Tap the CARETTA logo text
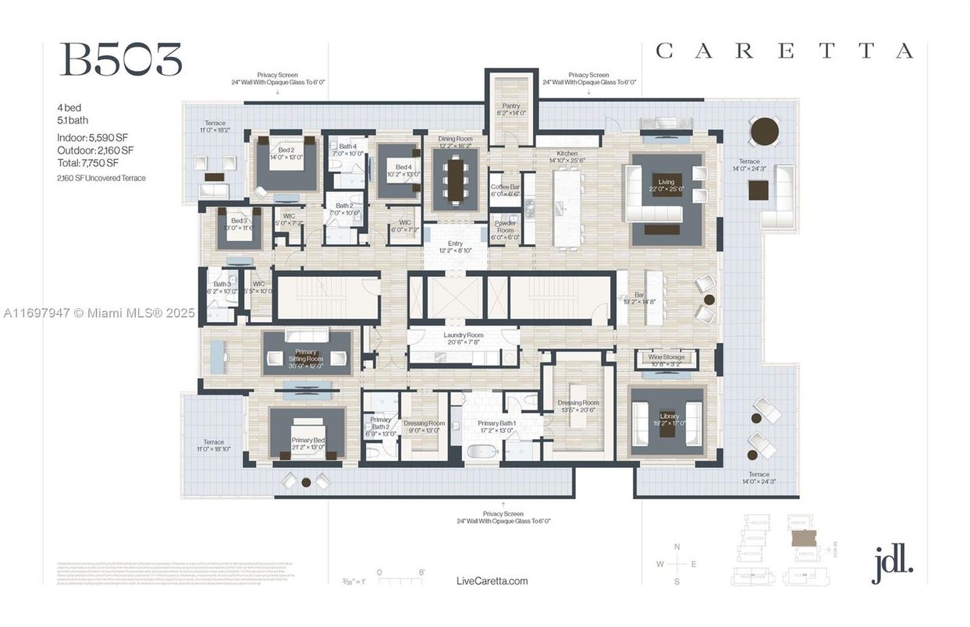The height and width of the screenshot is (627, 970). click(x=783, y=51)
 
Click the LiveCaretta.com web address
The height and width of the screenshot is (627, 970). click(x=492, y=581)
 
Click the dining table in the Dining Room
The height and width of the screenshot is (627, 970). click(x=454, y=179)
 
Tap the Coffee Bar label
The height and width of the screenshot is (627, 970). click(x=504, y=190)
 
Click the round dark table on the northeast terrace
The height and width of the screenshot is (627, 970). click(x=765, y=131)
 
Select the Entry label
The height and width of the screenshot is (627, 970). click(x=455, y=246)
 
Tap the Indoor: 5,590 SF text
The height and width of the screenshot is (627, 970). click(x=92, y=137)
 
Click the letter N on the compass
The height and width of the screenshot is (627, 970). click(x=677, y=546)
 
